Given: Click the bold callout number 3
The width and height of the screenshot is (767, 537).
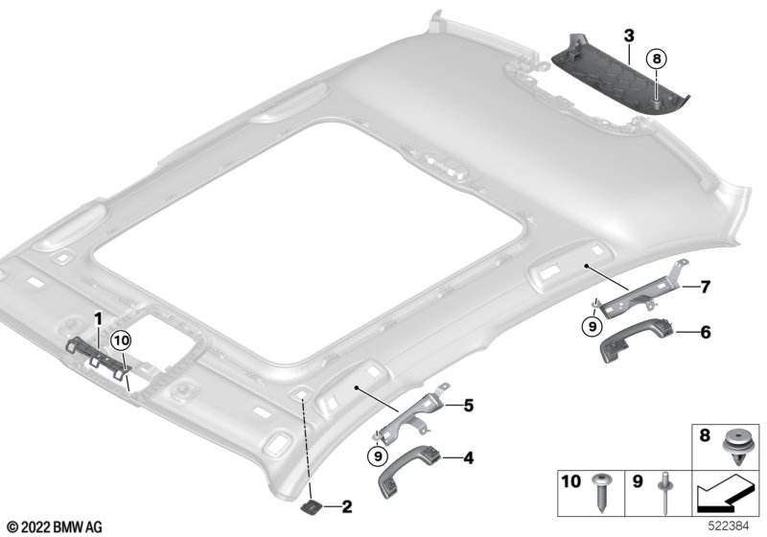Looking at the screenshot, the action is coord(629,35).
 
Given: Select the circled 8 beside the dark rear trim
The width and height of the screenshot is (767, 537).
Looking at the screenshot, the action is coord(656,59).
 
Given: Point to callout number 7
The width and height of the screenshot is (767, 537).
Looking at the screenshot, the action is coord(705,287).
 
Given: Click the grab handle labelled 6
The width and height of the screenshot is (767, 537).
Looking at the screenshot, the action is coord(630,344).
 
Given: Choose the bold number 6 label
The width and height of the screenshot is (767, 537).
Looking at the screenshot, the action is coord(705,333).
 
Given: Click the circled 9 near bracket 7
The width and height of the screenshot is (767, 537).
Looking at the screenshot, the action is coord(593,326).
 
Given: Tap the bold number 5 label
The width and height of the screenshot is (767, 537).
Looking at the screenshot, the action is coord(469,406).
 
